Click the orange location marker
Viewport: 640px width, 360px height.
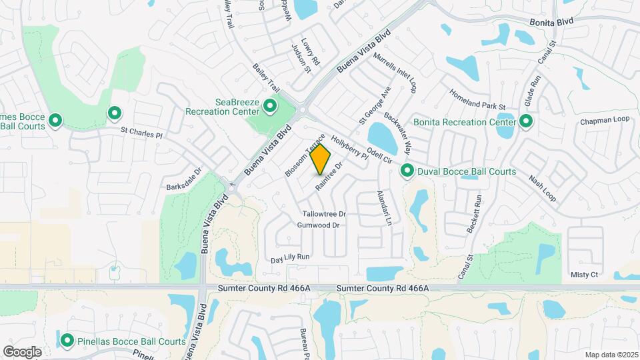(321, 159)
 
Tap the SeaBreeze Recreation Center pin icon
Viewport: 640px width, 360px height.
(270, 106)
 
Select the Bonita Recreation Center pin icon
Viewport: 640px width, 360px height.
(526, 121)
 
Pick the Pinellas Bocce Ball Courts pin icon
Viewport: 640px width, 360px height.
(67, 341)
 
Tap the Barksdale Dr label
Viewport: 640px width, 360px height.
(183, 179)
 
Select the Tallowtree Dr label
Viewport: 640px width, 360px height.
(325, 214)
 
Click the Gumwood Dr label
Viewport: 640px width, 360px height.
(319, 225)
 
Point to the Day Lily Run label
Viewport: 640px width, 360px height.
(291, 257)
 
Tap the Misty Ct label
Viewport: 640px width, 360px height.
(584, 274)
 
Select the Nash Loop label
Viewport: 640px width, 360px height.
(542, 189)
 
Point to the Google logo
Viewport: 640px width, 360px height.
(22, 351)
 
